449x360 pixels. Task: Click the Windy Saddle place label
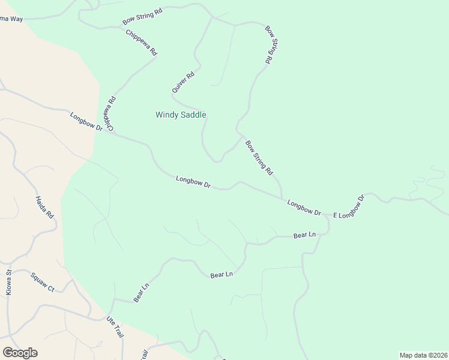[x=181, y=115]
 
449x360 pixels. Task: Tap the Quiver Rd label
[x=183, y=82]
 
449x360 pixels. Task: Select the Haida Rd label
[x=44, y=207]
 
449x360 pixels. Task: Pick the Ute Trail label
[x=115, y=326]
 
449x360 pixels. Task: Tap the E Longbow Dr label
[x=349, y=206]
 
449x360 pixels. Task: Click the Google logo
[x=20, y=353]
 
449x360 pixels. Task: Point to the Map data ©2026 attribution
[x=423, y=355]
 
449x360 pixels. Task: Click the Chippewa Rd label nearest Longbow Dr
[x=109, y=113]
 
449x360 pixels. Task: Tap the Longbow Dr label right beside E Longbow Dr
[x=304, y=207]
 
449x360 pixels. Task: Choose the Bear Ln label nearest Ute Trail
[x=141, y=293]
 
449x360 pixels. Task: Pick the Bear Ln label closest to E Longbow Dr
[x=304, y=235]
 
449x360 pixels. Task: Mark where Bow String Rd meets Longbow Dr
[x=282, y=197]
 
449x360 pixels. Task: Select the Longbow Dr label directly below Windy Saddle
[x=193, y=182]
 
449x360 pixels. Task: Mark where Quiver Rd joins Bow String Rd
[x=212, y=17]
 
